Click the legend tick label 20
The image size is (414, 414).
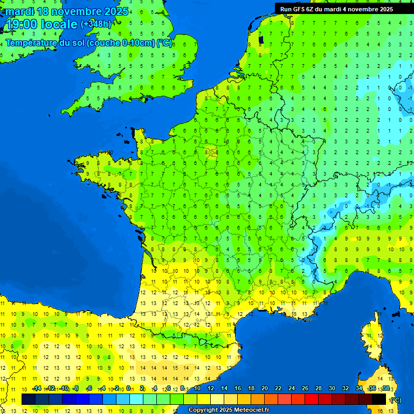(265, 389)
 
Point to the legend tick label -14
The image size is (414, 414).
(37, 389)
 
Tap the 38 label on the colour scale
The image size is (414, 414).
(385, 389)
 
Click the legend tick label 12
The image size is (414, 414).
(211, 389)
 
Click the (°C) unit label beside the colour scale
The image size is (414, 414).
(396, 400)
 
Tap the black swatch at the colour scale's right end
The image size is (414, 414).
(379, 399)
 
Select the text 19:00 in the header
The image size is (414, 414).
(22, 24)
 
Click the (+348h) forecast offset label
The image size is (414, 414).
(96, 24)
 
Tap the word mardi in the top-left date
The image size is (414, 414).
(20, 11)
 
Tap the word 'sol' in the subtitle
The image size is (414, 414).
(80, 43)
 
